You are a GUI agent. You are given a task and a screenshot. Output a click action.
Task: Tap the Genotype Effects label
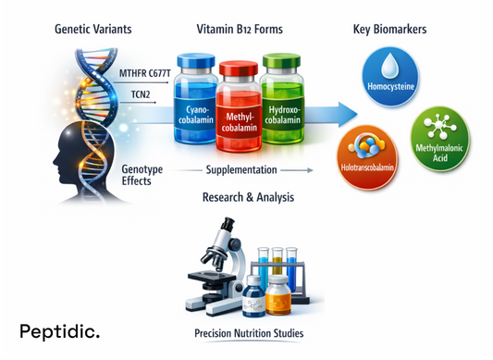pos(143,174)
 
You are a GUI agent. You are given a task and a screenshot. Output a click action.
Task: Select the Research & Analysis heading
pos(244,197)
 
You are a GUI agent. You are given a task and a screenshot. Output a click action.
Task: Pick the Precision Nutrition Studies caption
pos(247,332)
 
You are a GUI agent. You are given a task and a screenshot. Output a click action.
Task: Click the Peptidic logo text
pos(60,330)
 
